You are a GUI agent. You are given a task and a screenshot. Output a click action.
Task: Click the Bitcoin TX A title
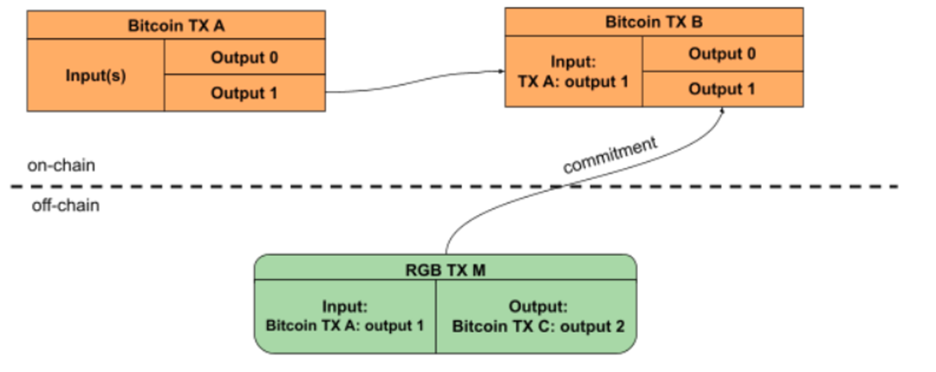tap(176, 26)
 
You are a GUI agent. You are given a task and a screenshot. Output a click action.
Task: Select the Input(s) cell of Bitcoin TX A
tap(95, 75)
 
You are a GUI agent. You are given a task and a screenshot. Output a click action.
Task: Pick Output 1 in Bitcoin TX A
tap(244, 93)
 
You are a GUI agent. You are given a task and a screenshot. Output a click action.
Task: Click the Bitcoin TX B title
tap(654, 23)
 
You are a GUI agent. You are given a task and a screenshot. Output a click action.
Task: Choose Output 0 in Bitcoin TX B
tap(722, 54)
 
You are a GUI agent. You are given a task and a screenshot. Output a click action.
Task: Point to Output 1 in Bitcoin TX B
tap(722, 88)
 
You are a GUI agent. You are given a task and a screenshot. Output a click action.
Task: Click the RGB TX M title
tap(445, 271)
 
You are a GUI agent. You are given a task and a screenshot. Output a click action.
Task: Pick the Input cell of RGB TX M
tap(345, 316)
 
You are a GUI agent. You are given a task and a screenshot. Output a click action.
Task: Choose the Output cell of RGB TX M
tap(537, 316)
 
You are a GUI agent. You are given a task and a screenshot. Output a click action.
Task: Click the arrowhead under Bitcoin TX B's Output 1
tap(724, 113)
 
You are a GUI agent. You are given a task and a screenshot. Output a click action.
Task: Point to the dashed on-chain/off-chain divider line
tap(260, 186)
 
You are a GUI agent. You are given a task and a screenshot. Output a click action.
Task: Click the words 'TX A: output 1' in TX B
tap(573, 83)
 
